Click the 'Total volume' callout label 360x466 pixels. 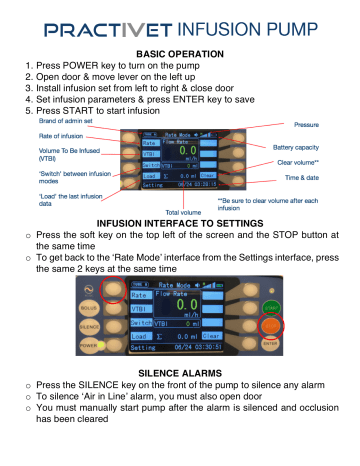pos(183,212)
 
